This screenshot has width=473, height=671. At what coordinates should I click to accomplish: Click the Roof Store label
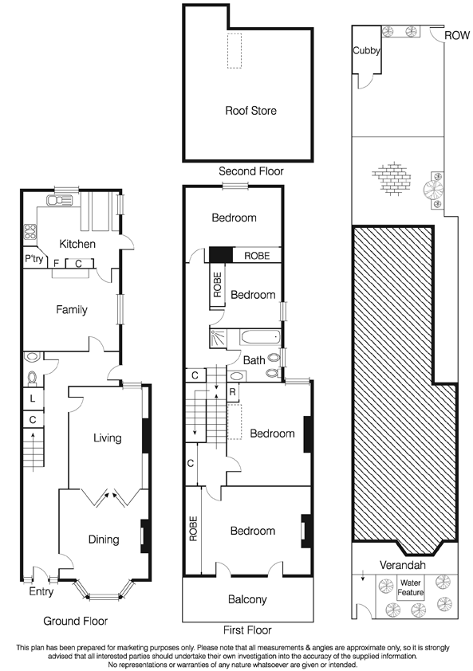pyautogui.click(x=250, y=111)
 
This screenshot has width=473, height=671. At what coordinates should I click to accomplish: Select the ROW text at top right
pyautogui.click(x=457, y=35)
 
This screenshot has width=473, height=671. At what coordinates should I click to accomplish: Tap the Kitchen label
pyautogui.click(x=77, y=244)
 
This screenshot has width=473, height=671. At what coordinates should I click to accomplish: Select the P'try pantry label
pyautogui.click(x=34, y=260)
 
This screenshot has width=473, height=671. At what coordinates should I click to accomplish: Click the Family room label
pyautogui.click(x=71, y=310)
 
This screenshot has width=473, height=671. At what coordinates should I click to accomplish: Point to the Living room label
pyautogui.click(x=107, y=438)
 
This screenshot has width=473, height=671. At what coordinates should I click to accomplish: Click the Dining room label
pyautogui.click(x=103, y=540)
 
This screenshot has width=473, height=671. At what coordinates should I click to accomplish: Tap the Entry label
pyautogui.click(x=41, y=591)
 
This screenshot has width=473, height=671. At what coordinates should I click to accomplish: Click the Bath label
pyautogui.click(x=254, y=360)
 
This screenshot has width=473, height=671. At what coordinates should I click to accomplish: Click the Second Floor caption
pyautogui.click(x=250, y=171)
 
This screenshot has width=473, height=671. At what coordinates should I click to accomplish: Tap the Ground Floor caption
pyautogui.click(x=75, y=620)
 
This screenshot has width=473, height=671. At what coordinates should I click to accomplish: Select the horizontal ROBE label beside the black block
pyautogui.click(x=257, y=256)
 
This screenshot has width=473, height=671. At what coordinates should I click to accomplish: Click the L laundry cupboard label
pyautogui.click(x=32, y=397)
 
